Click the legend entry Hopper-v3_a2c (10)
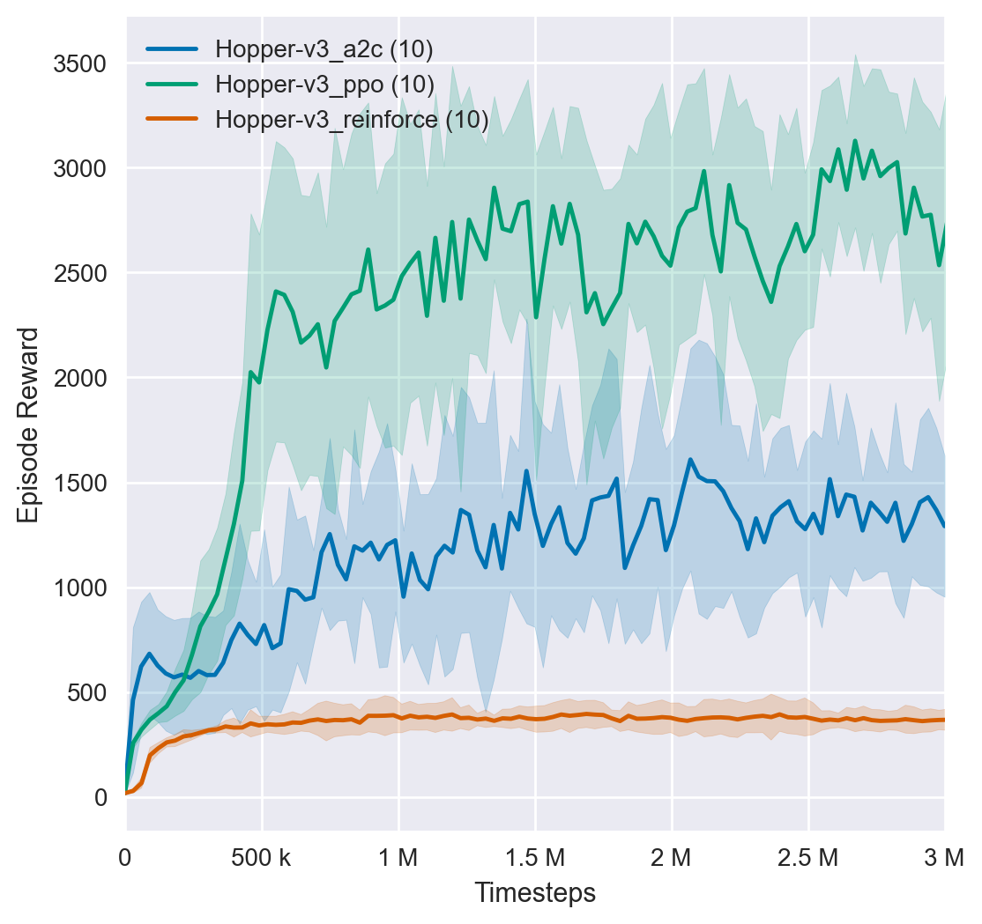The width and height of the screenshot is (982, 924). (x=324, y=49)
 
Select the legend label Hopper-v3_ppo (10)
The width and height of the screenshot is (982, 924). (x=325, y=84)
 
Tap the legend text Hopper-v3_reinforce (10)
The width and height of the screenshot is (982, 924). (x=353, y=119)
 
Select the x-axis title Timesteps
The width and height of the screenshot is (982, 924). (x=535, y=893)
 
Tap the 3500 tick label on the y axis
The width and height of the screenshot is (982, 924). (x=78, y=63)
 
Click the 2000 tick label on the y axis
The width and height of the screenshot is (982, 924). (x=78, y=378)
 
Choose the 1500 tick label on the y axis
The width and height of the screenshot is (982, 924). (x=78, y=483)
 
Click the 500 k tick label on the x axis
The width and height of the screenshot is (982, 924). (x=262, y=856)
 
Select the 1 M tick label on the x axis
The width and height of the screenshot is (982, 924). (x=398, y=856)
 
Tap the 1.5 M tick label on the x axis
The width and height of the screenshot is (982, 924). (x=535, y=856)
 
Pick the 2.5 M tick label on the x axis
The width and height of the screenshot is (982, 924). (x=808, y=856)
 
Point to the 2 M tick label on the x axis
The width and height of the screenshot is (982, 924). (x=672, y=856)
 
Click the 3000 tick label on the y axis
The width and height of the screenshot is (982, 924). (x=78, y=168)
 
